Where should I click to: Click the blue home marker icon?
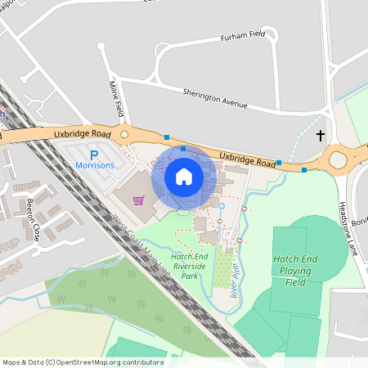coord(183,177)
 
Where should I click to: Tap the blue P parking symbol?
coord(93,154)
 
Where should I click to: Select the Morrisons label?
coord(95,164)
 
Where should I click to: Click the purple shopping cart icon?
coord(139,200)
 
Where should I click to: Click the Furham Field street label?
coord(244,38)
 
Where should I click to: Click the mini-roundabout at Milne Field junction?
coord(125,133)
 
